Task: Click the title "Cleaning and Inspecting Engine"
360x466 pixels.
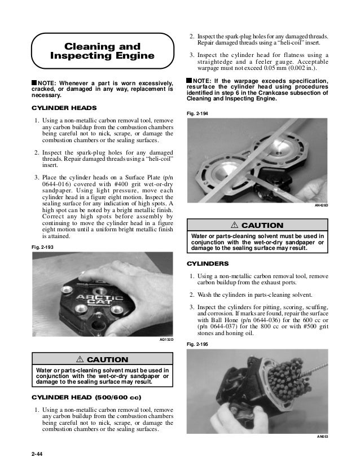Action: pyautogui.click(x=103, y=50)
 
